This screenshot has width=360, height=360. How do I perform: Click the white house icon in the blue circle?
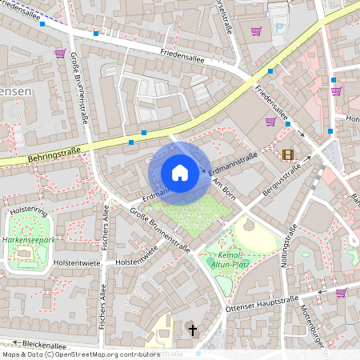coord(180,172)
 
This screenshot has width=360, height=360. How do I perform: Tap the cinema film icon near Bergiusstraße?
coord(287,154)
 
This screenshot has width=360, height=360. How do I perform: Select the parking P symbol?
coord(278,29)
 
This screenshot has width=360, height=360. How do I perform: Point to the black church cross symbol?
coord(191,329)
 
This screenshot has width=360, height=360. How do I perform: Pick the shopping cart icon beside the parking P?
coord(256,31)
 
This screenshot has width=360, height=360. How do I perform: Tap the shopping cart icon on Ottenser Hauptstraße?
coord(341,294)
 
